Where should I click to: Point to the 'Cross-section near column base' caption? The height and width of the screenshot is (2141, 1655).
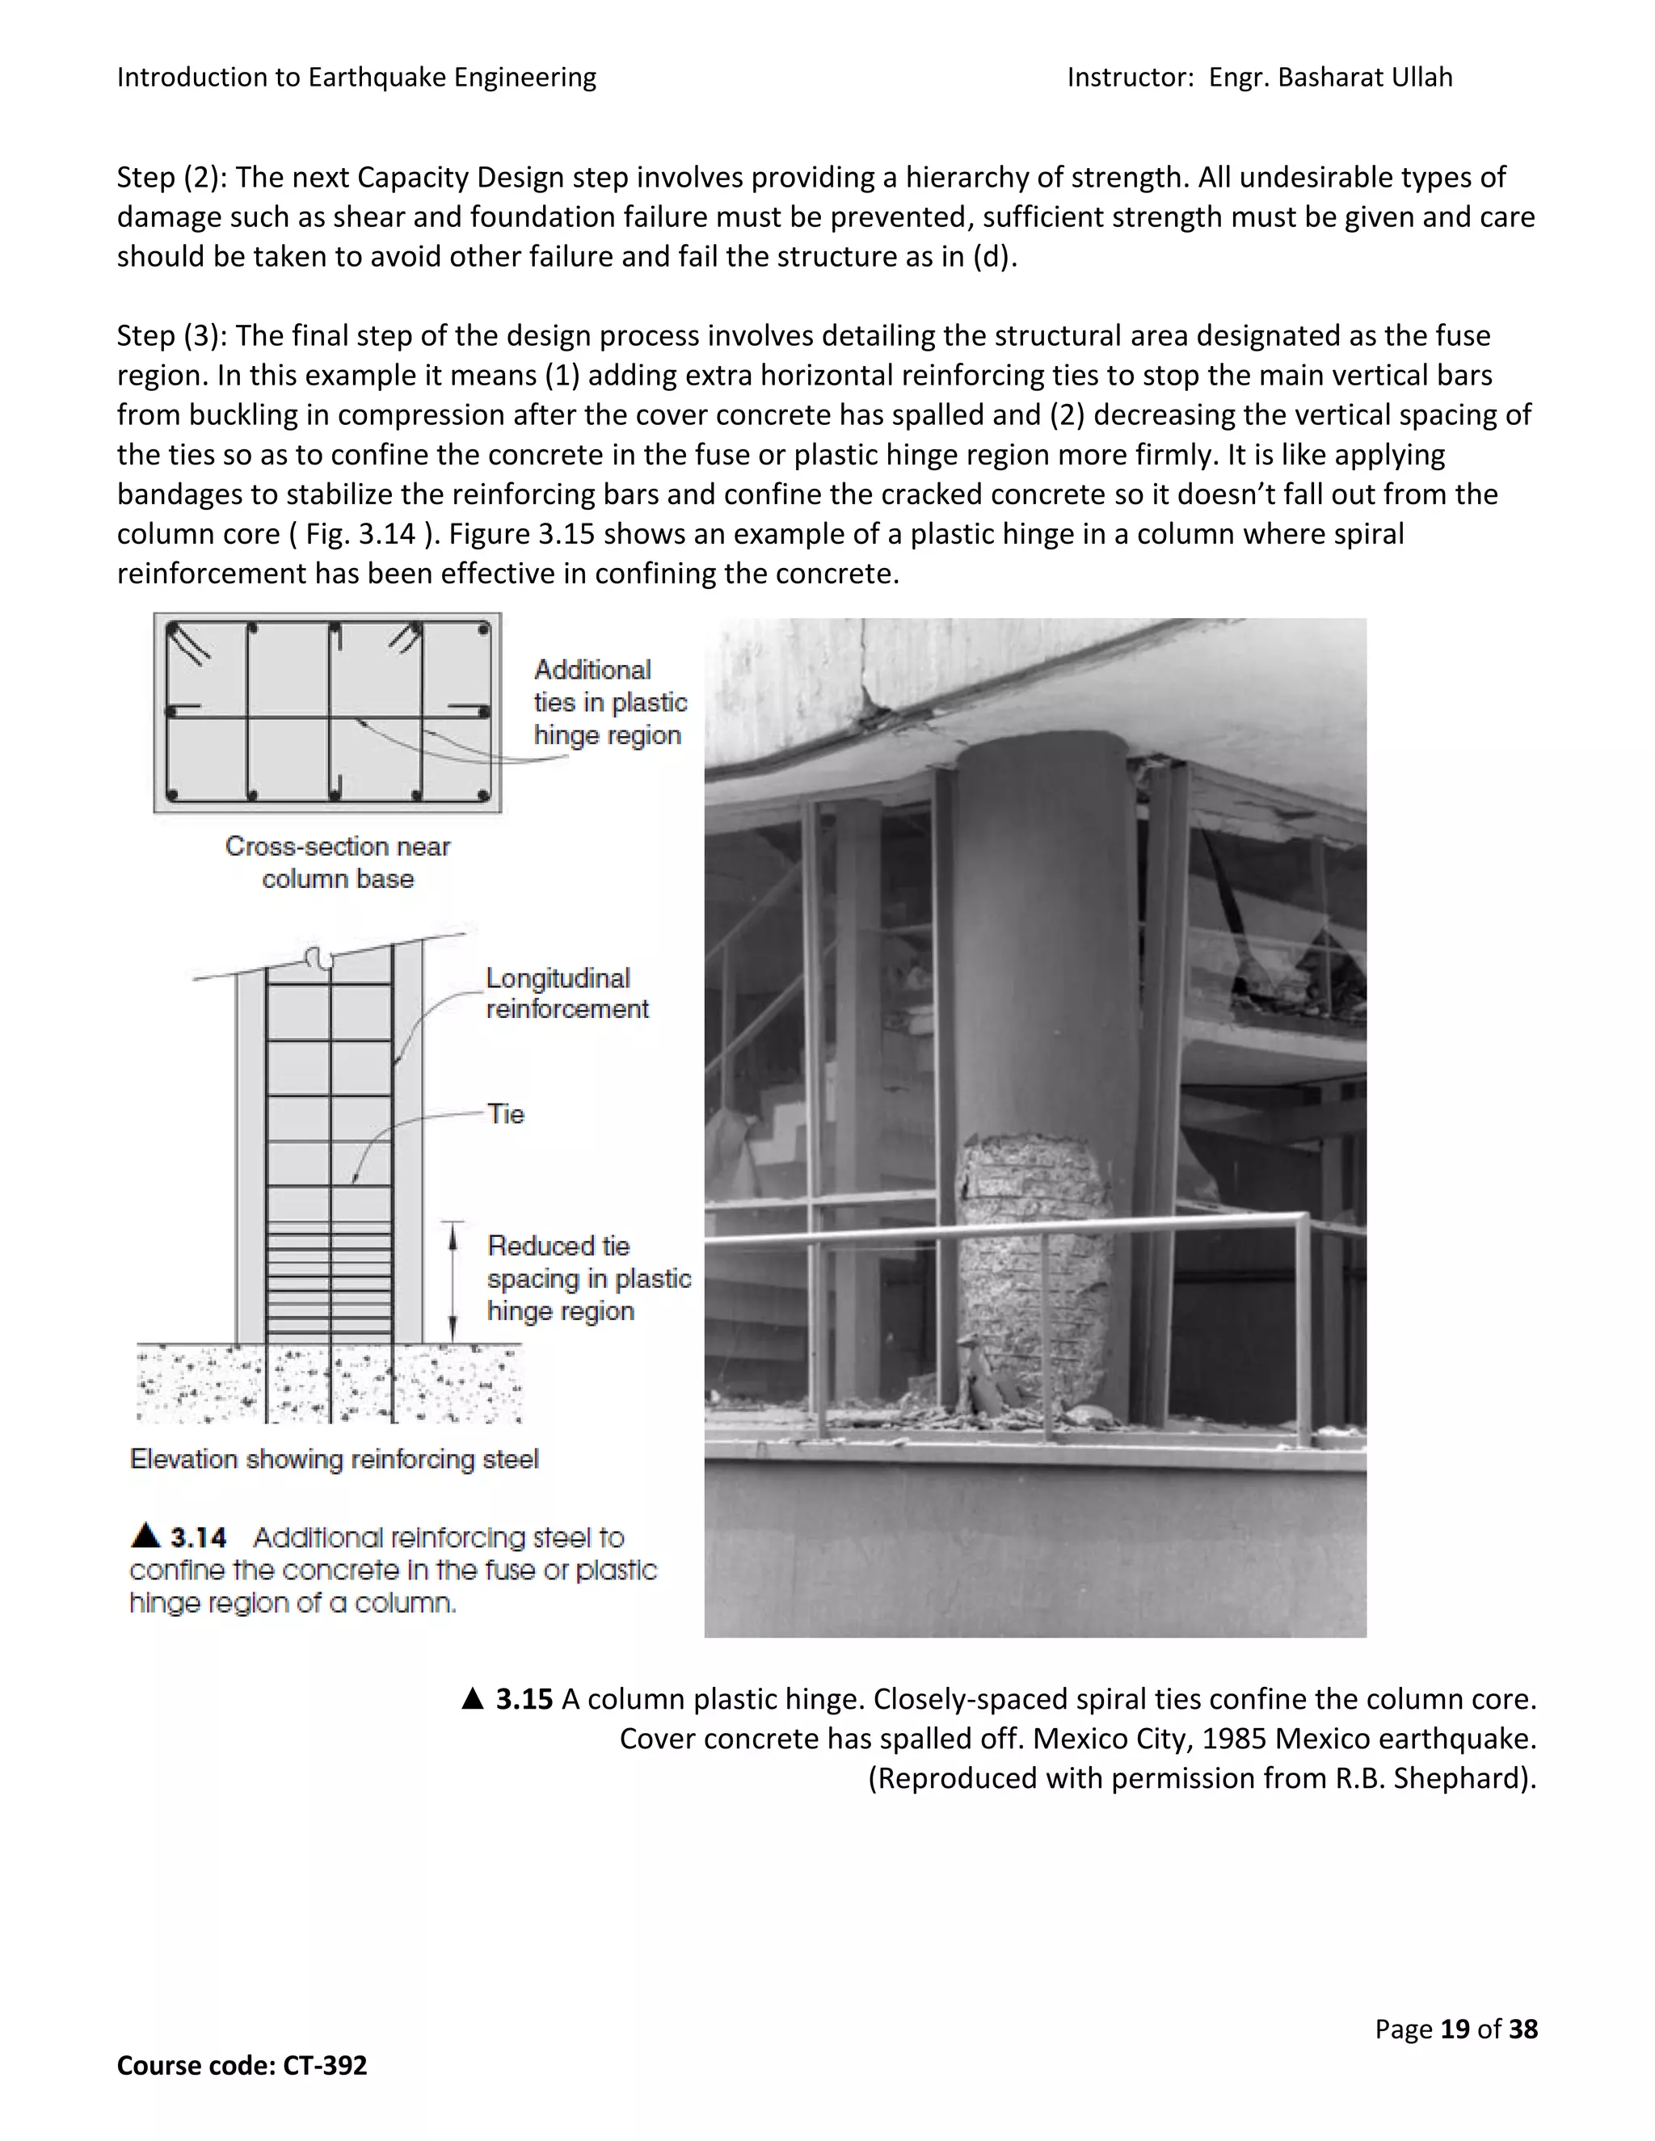coord(337,862)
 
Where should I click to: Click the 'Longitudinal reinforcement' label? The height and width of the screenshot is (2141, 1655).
coord(566,993)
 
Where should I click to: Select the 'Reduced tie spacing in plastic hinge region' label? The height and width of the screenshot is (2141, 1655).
coord(587,1278)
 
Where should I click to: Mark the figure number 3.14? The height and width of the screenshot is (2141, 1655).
coord(198,1537)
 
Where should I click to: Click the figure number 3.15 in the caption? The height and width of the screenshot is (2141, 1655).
coord(524,1699)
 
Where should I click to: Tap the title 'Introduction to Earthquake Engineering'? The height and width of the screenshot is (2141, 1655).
coord(356,78)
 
